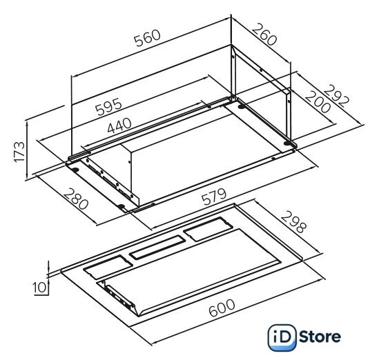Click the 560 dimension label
coord(148,38)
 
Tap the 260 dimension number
coord(264,34)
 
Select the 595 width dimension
coord(109,106)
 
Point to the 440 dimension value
coord(119,126)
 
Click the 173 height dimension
coord(19,152)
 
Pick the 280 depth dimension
coord(76,199)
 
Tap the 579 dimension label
coord(214,197)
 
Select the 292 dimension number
coord(337,97)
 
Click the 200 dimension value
coord(318,102)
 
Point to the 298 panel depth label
coord(293,221)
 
